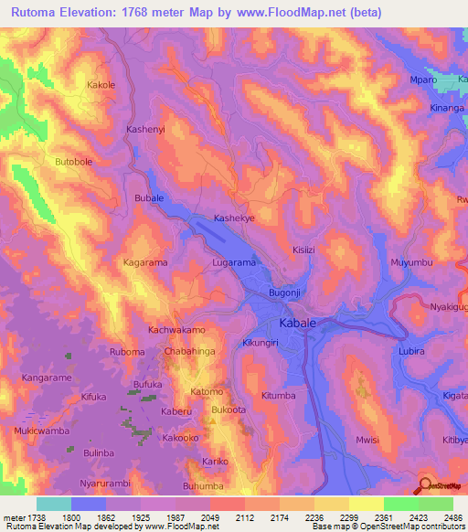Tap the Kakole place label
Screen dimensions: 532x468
[x=101, y=85]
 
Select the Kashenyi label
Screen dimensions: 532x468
[x=145, y=131]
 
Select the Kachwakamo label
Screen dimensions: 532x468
[x=177, y=329]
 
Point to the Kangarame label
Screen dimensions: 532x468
[x=48, y=377]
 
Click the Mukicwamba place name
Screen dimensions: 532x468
[x=42, y=430]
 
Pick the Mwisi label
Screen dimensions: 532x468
[x=367, y=440]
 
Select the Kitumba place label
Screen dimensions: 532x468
[x=279, y=396]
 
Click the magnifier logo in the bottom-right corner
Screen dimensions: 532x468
[x=424, y=485]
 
